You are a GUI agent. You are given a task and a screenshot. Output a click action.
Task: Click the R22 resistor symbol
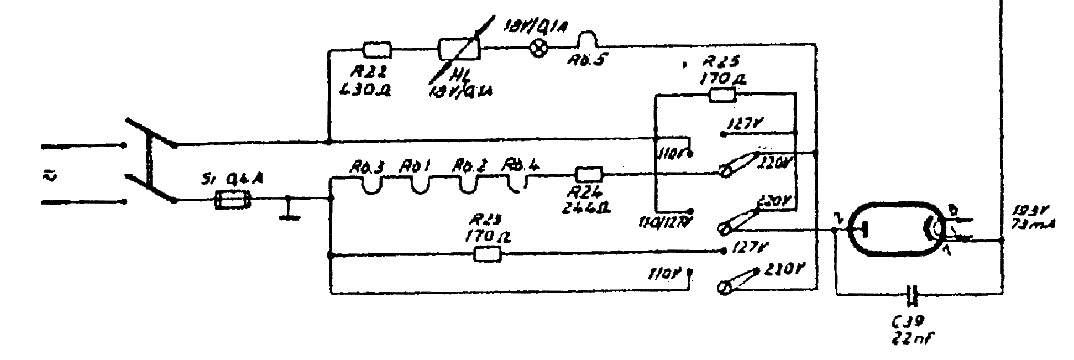pos(377,50)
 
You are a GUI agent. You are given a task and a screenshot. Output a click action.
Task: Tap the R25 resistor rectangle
pos(722,96)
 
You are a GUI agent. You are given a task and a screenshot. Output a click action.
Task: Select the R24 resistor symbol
pos(589,175)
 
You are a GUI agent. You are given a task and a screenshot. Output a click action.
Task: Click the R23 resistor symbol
pos(488,254)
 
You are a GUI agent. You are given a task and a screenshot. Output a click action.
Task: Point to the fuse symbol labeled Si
pos(232,200)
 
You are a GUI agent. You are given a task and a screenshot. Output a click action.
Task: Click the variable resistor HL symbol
pos(459,49)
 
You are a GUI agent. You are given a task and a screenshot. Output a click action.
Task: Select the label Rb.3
pos(366,166)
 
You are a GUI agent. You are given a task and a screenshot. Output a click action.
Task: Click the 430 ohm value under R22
pos(368,90)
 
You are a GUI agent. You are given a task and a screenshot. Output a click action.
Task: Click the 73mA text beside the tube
pos(1029,223)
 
